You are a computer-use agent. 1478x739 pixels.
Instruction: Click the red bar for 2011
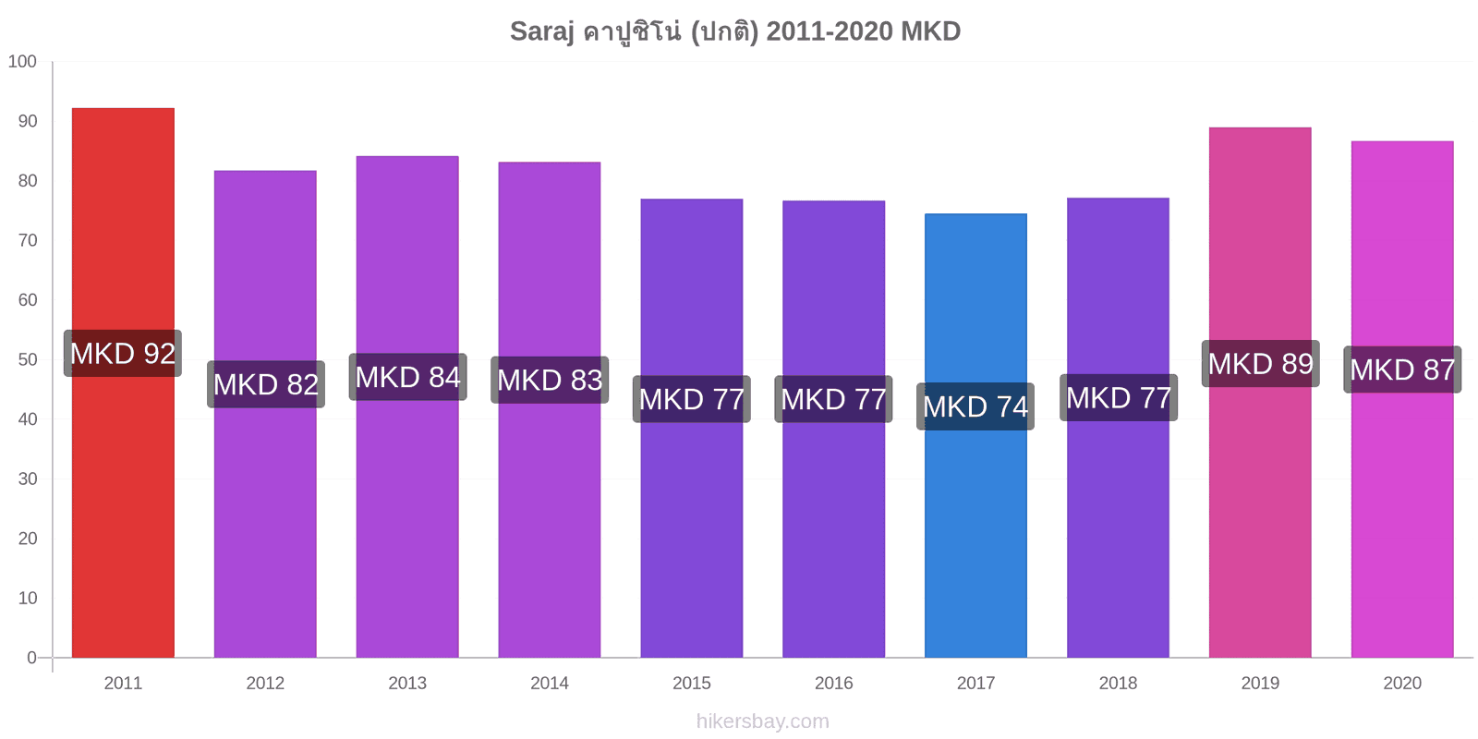tap(123, 382)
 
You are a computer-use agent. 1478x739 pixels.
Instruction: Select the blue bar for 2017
tap(975, 435)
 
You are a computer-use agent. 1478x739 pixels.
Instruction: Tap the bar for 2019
tap(1260, 393)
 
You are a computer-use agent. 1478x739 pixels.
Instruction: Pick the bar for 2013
tap(407, 407)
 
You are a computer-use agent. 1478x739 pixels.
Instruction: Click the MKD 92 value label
tap(123, 354)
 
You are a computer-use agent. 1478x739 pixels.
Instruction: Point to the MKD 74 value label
tap(975, 406)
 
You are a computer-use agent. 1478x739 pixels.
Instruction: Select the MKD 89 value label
tap(1260, 364)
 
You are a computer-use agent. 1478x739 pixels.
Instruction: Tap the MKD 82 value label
tap(266, 384)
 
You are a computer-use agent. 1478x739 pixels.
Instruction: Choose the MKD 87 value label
tap(1402, 369)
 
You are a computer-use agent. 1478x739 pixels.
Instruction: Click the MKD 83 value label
tap(550, 380)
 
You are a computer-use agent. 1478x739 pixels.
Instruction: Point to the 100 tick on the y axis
tap(22, 61)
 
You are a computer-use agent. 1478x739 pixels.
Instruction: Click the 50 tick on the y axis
tap(28, 359)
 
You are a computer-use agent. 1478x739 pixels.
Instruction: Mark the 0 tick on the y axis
tap(31, 658)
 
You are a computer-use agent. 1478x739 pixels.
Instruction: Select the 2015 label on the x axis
tap(692, 683)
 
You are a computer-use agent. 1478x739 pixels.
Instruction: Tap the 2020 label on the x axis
tap(1402, 683)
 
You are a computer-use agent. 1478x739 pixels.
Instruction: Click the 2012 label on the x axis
tap(265, 683)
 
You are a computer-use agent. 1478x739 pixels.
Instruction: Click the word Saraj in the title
tap(541, 31)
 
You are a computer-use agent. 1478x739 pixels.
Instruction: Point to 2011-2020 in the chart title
tap(830, 31)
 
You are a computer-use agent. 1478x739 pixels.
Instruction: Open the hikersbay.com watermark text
tap(763, 721)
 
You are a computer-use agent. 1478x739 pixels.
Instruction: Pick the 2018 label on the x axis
tap(1118, 683)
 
